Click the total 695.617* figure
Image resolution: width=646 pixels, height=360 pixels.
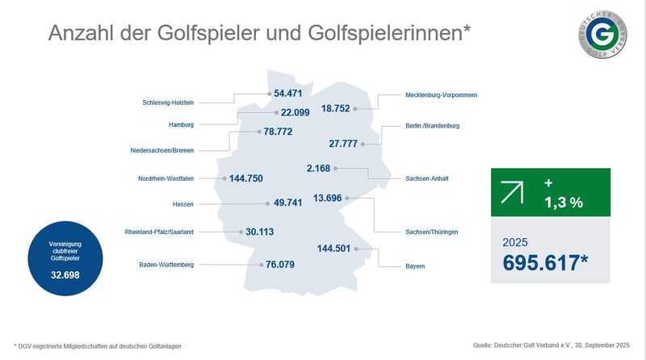coord(549,263)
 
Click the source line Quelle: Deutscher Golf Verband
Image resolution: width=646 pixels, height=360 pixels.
coord(550,345)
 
